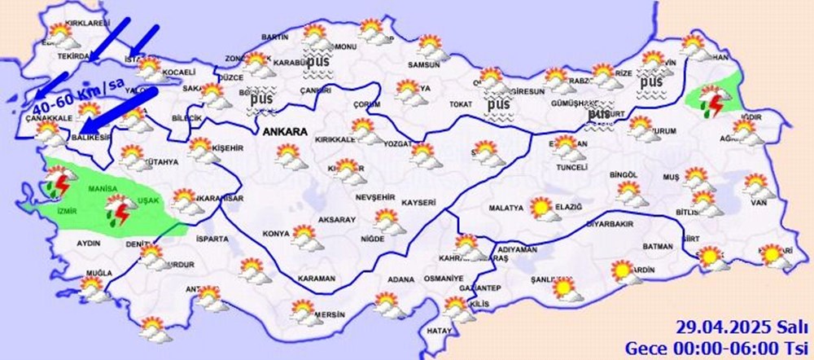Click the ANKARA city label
click(x=284, y=130)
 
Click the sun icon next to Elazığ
click(x=540, y=208)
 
